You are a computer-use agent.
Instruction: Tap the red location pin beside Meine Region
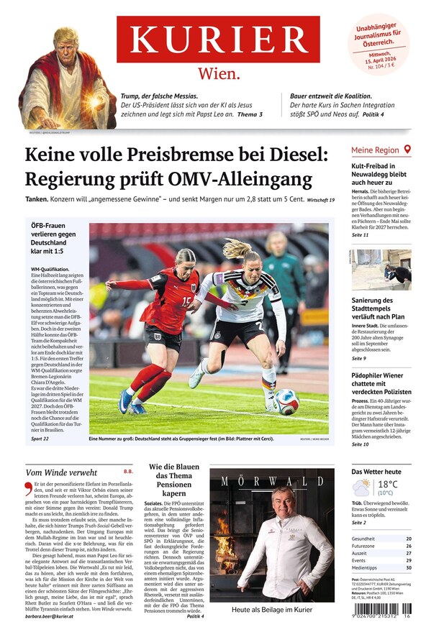click(x=407, y=150)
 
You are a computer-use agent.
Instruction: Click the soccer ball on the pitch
click(x=286, y=403)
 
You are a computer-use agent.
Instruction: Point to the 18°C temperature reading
click(x=387, y=485)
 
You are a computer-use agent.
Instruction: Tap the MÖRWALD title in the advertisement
click(x=271, y=481)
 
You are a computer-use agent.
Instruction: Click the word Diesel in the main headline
click(x=290, y=155)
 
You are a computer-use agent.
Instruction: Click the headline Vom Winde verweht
click(x=61, y=472)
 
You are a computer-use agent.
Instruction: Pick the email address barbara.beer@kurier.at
click(x=51, y=615)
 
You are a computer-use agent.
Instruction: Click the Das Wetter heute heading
click(x=376, y=472)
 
